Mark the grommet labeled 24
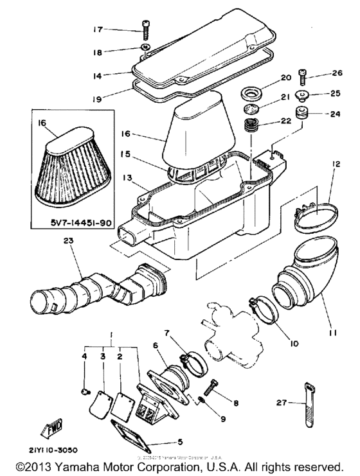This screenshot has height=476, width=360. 300,116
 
